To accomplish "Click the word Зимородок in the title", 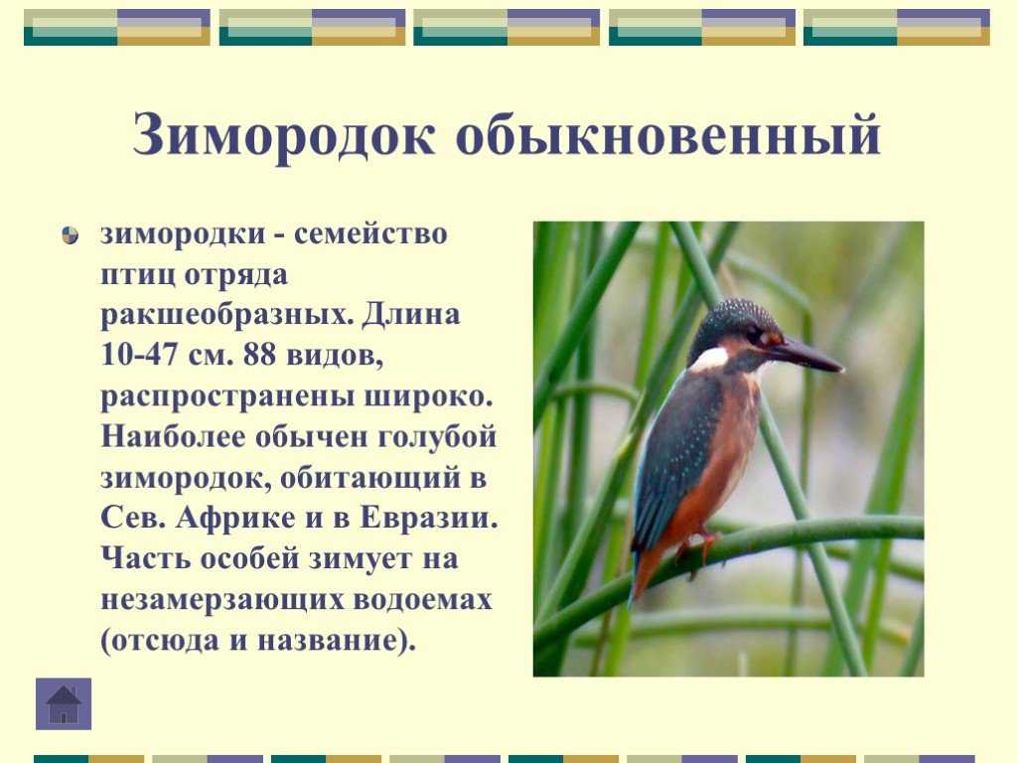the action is (x=283, y=135).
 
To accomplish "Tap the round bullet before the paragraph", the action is (x=71, y=234).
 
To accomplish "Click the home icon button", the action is (x=64, y=704).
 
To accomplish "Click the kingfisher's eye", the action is (x=755, y=335).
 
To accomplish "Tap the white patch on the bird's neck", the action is (x=709, y=358).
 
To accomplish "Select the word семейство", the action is (x=370, y=234).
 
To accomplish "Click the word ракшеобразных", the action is (x=227, y=315).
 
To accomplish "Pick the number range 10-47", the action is (x=139, y=356).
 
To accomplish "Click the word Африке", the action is (x=235, y=519).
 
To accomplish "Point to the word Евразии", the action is (x=429, y=519).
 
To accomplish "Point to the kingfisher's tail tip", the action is (x=634, y=600).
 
